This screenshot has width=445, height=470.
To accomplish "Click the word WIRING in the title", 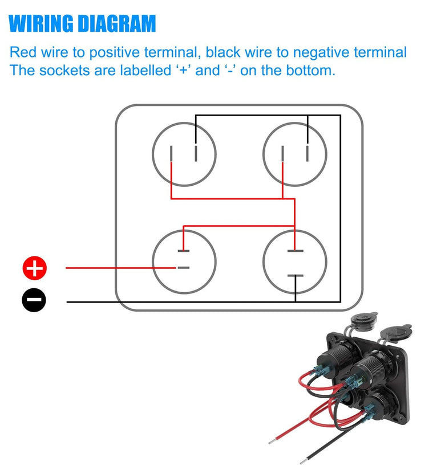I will (41, 24).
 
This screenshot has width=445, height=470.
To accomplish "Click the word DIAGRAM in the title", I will (116, 24).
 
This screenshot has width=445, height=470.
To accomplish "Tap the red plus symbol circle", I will (34, 268).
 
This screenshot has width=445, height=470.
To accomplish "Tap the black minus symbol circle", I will (34, 300).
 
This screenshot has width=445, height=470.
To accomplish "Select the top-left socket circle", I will (184, 154).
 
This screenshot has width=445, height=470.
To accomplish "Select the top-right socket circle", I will (295, 154).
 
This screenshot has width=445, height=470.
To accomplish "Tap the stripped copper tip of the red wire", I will (273, 441).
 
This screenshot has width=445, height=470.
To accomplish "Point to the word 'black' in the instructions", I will (224, 53).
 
